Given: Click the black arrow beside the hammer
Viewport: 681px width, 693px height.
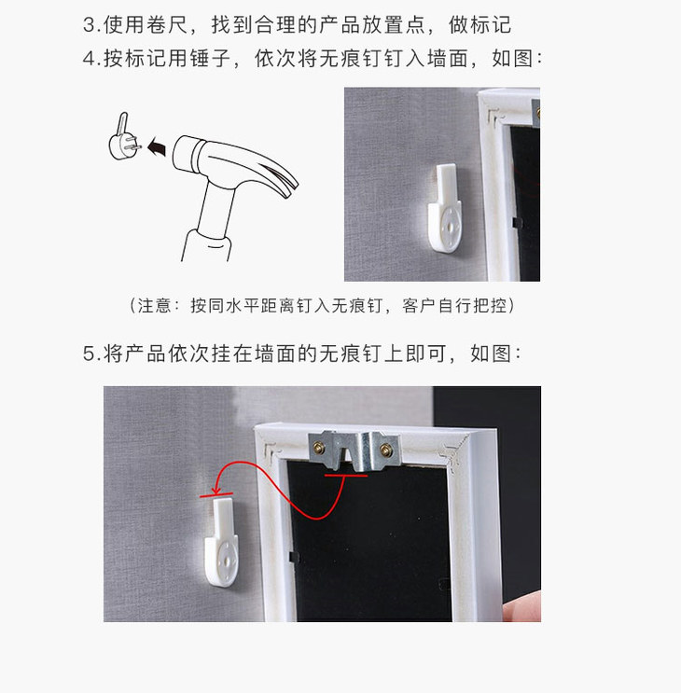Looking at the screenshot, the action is point(158,146).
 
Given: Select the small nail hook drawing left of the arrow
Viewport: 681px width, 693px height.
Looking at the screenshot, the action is point(124,137).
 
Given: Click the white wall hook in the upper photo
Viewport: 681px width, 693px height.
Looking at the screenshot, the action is point(445,208).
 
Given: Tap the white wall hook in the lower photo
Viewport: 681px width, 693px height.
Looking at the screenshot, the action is point(222,542).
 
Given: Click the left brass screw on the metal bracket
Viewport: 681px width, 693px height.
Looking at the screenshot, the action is point(319,449).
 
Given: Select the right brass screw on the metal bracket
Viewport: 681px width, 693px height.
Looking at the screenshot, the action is point(386,450).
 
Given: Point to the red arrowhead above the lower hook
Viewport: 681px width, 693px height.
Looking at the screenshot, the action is point(215,491).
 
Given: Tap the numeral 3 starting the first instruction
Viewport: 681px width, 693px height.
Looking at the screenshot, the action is point(89,25).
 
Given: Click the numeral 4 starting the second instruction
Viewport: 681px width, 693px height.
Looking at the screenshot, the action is point(89,59).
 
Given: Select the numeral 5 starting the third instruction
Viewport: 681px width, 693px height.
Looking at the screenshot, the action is point(89,353).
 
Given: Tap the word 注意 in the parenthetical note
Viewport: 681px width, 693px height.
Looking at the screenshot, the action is point(154,305).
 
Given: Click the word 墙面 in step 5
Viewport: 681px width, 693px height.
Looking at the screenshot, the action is point(275,353).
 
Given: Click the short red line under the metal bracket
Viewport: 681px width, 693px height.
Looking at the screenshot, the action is point(346,476).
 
